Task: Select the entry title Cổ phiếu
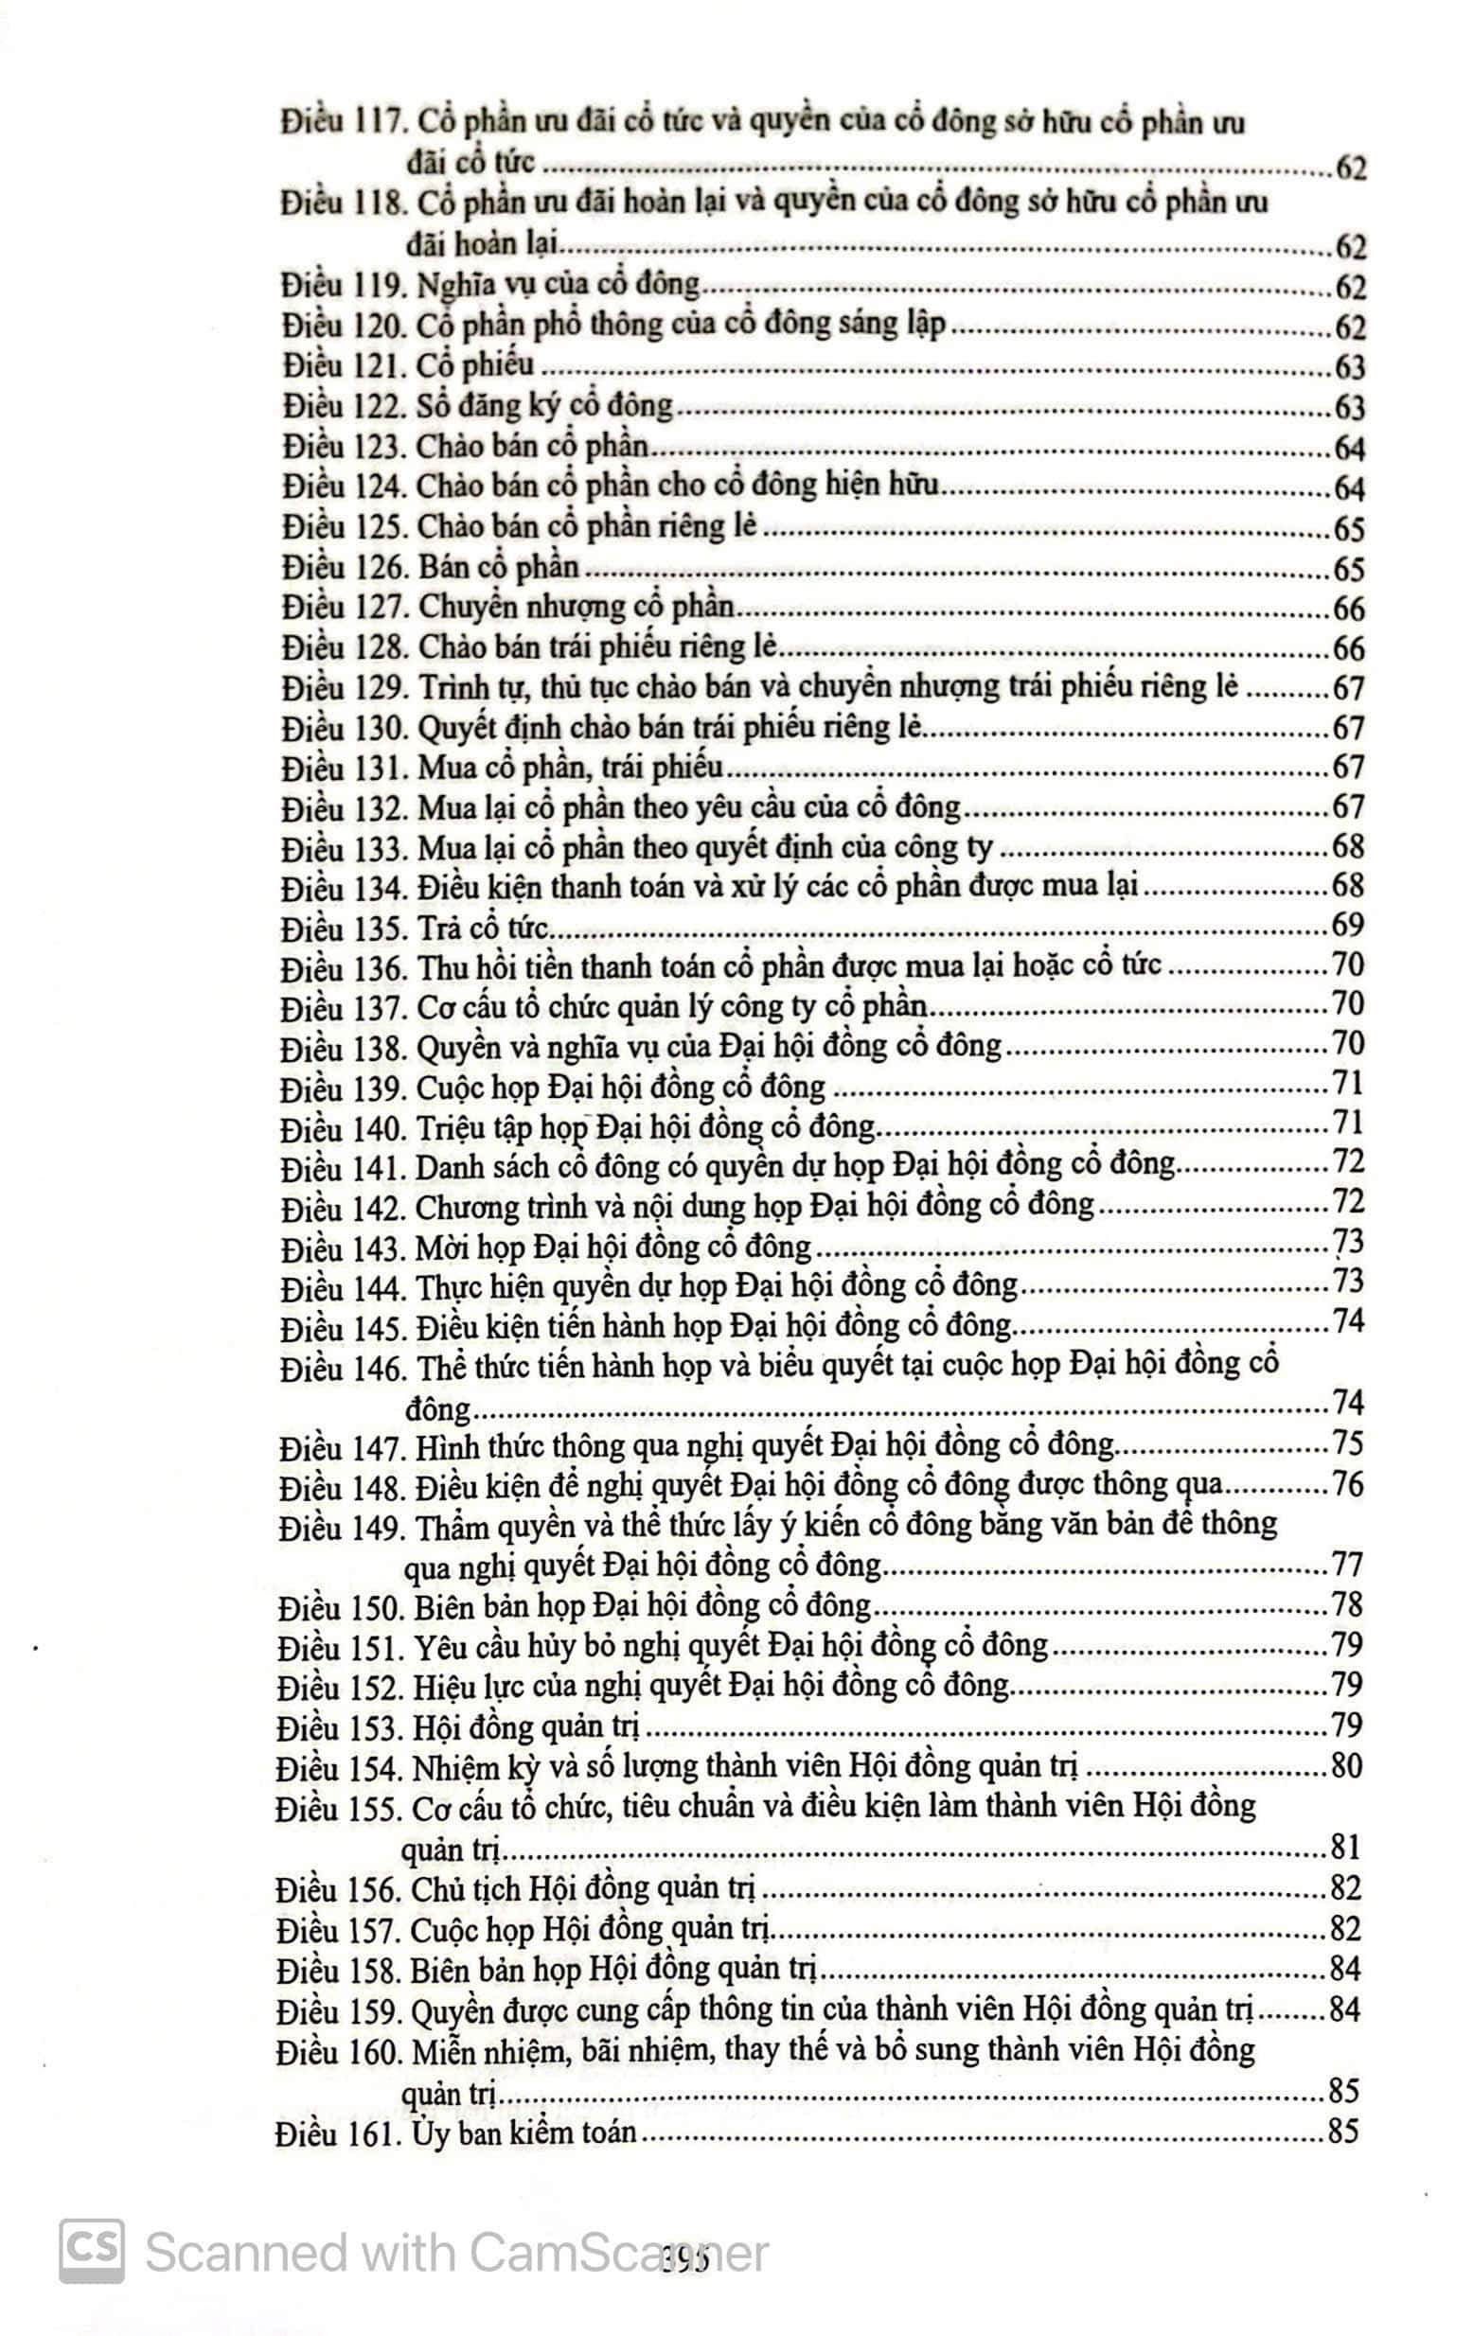click(475, 365)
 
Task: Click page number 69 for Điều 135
click(1348, 925)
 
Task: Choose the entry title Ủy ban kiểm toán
click(524, 2133)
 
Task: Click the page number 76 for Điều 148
click(1348, 1485)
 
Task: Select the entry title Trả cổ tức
click(483, 928)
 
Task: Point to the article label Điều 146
click(341, 1369)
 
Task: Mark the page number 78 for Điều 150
click(1348, 1605)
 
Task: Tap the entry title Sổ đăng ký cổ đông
click(544, 405)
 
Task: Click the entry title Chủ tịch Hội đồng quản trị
click(583, 1887)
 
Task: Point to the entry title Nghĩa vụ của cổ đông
click(558, 285)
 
